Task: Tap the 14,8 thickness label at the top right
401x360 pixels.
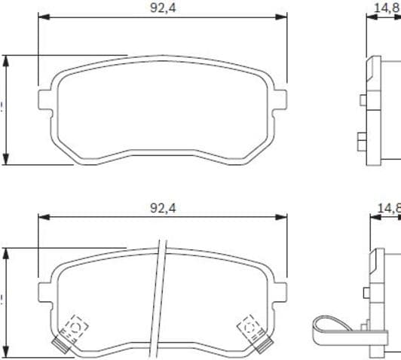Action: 387,8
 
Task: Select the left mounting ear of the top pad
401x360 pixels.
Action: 44,98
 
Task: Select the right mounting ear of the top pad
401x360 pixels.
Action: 281,98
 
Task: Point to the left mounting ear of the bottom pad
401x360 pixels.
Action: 44,290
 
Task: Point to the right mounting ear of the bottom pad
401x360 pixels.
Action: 281,290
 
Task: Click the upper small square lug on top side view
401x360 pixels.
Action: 363,100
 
